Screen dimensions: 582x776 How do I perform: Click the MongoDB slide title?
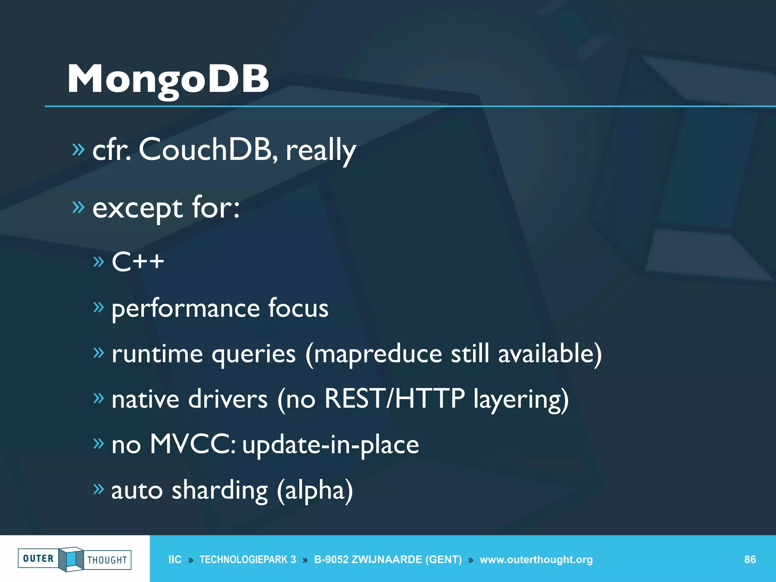[x=168, y=79]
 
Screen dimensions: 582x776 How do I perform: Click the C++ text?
[x=138, y=262]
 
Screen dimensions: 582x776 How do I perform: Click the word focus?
[x=298, y=308]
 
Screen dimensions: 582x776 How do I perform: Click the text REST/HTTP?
[x=394, y=399]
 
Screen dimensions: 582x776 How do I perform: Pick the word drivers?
[x=228, y=399]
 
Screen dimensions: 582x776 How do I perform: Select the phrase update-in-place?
[x=330, y=445]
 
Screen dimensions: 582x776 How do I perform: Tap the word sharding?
[x=220, y=491]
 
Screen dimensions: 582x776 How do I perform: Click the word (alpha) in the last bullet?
[x=315, y=491]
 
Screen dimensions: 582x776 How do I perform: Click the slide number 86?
[x=750, y=560]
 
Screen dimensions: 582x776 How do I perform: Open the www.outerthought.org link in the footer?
[x=536, y=560]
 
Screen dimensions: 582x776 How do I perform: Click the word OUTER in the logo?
[x=38, y=559]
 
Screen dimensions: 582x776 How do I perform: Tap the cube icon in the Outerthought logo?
[x=71, y=559]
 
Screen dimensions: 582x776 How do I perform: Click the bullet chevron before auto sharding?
[x=99, y=489]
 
